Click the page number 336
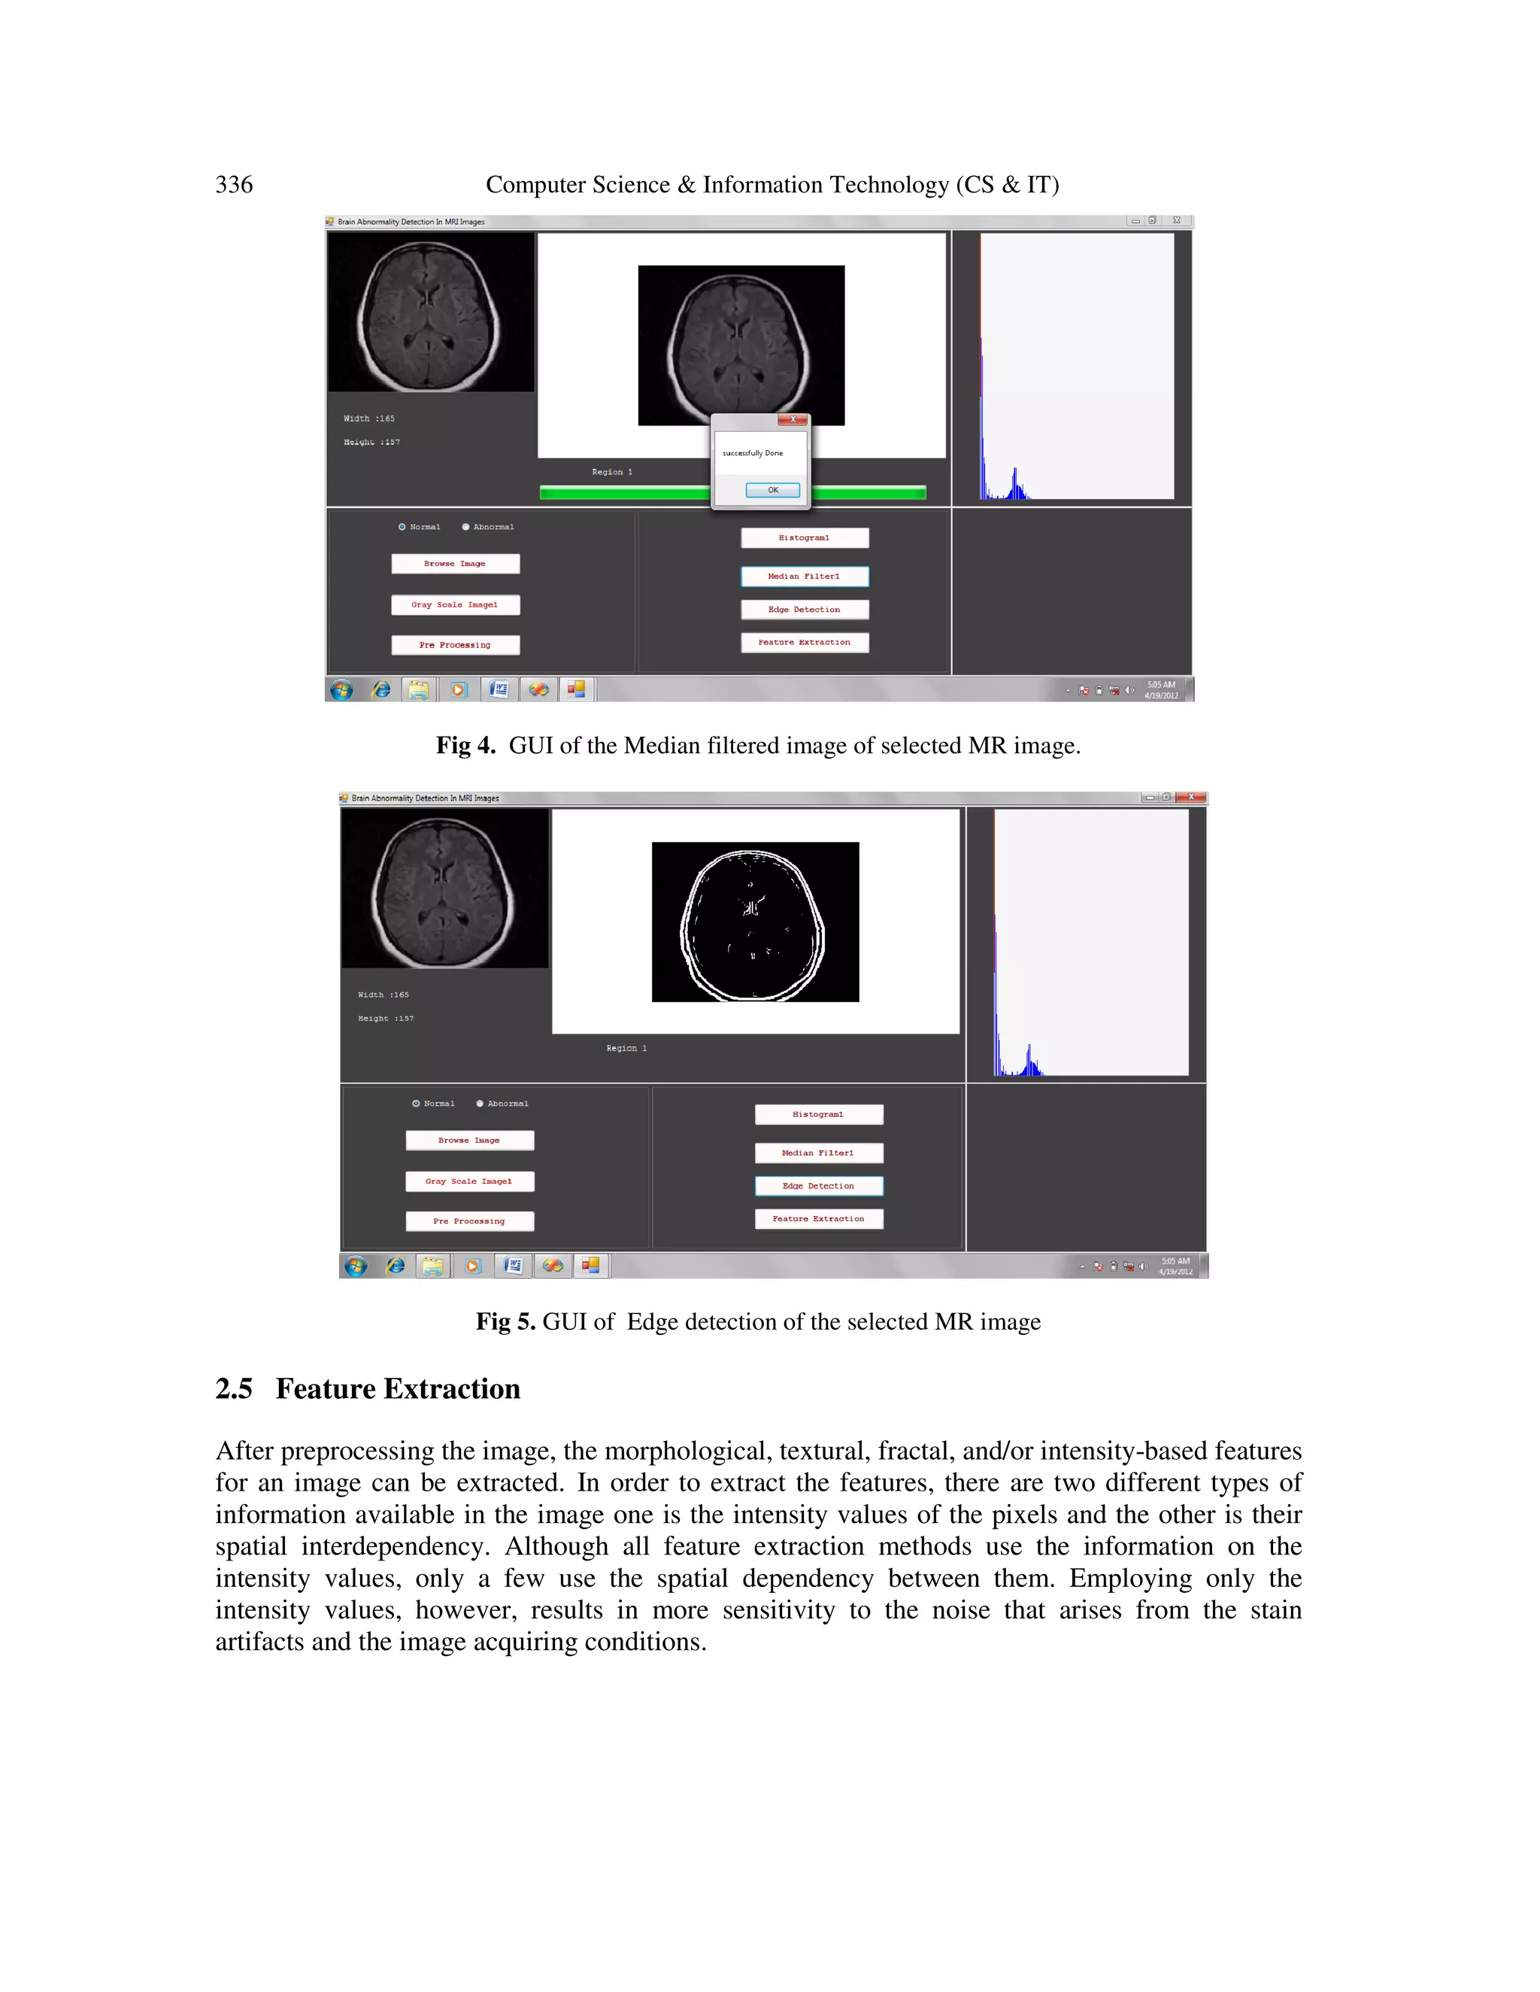pos(234,185)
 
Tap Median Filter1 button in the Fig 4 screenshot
pos(804,577)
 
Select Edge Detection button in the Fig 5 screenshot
pos(818,1185)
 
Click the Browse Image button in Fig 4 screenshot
pos(455,564)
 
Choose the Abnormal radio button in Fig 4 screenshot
pos(466,527)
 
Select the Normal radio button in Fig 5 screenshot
pos(416,1103)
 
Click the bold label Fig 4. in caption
pos(465,746)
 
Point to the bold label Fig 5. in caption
pos(505,1322)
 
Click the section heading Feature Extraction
pos(398,1389)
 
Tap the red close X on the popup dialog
pos(793,419)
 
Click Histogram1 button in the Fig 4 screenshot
pos(804,538)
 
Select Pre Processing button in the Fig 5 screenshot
pos(469,1222)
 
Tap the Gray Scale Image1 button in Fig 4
pos(455,604)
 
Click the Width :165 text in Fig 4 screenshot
pos(368,419)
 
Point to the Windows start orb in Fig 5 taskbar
pos(356,1266)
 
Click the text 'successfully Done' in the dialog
pos(752,453)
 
